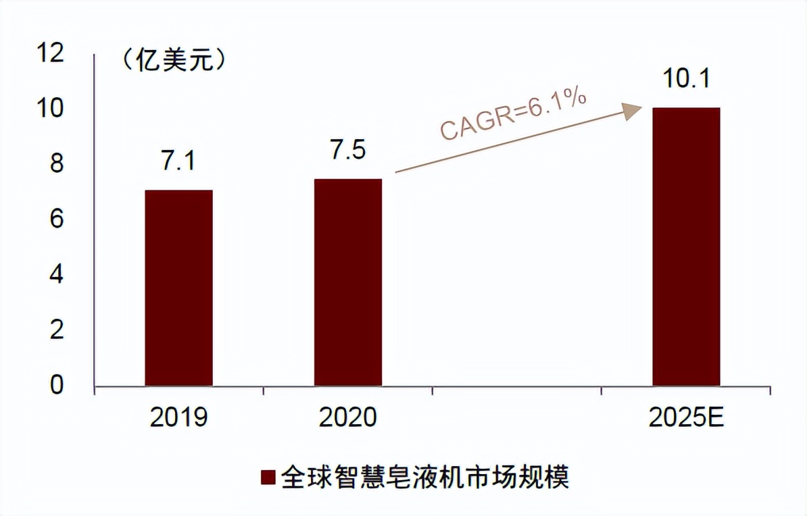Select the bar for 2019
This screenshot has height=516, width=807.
point(178,288)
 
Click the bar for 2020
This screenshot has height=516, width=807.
point(347,282)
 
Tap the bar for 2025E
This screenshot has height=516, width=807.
point(685,247)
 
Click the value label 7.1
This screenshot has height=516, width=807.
point(178,161)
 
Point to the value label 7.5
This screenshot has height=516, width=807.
point(347,150)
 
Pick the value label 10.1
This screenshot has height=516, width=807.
point(685,80)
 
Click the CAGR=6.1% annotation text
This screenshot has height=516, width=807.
point(513,114)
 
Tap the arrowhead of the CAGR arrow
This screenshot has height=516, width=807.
point(632,111)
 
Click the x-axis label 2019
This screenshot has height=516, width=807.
point(178,418)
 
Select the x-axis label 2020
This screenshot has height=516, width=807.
point(347,418)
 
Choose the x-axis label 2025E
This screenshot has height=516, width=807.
point(686,418)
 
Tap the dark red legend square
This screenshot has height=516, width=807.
point(268,478)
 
